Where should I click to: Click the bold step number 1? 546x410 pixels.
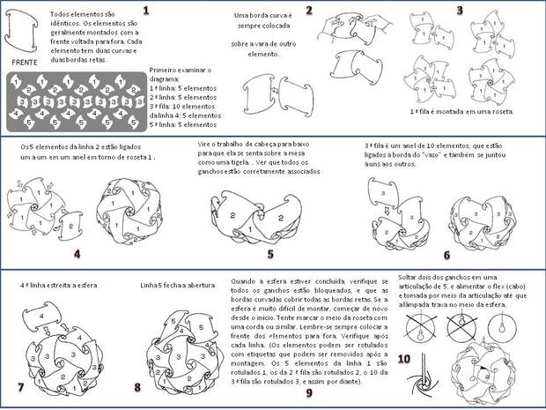point(145,11)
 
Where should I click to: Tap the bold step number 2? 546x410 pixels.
point(309,11)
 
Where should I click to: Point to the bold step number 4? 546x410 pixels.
point(77,254)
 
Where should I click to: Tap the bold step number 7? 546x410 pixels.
point(20,387)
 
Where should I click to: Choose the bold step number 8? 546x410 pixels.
point(136,387)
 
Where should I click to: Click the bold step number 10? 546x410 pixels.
point(404,359)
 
